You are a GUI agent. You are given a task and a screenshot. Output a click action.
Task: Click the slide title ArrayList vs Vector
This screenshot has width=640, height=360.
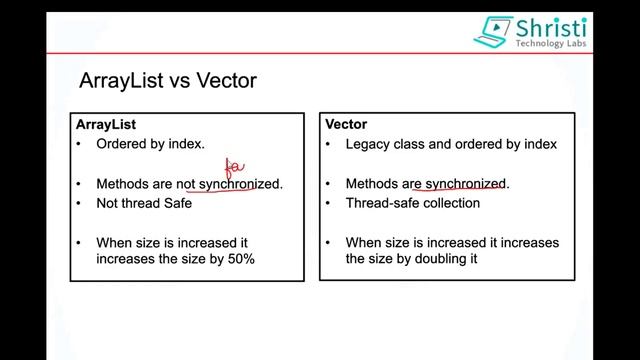tap(167, 80)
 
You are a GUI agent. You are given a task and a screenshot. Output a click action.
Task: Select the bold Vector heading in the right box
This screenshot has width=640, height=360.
tap(347, 124)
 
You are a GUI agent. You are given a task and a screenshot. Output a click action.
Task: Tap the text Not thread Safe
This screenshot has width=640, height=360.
tap(143, 203)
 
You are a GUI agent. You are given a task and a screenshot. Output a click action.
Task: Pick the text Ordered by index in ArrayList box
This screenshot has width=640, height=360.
tap(150, 144)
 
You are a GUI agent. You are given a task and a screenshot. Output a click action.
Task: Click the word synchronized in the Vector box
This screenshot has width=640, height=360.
tap(467, 184)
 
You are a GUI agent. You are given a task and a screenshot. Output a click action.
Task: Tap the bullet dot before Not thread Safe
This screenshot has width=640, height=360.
tap(80, 203)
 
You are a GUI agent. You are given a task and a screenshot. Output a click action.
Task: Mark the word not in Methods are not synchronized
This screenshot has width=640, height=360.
tap(185, 184)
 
